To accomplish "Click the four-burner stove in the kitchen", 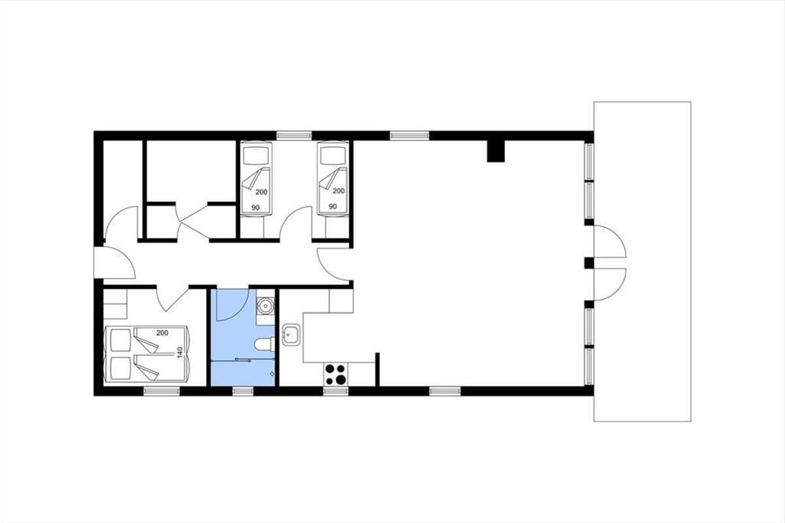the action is (336, 374).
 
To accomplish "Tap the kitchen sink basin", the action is (292, 335).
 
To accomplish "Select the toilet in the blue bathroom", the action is (265, 344).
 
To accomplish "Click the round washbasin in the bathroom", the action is (266, 307).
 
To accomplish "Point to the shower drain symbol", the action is (272, 374).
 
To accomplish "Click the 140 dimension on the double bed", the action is (180, 352).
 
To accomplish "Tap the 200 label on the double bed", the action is (162, 333).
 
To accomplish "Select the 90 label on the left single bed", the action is (256, 208).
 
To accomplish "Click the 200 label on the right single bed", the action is (339, 191).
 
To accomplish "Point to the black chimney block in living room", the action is (496, 151).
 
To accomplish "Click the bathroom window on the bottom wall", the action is (243, 392).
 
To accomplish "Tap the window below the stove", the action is (336, 392).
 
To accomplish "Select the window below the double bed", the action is (162, 392).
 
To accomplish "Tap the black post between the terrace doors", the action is (589, 263).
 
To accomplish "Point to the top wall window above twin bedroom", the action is (294, 135).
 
